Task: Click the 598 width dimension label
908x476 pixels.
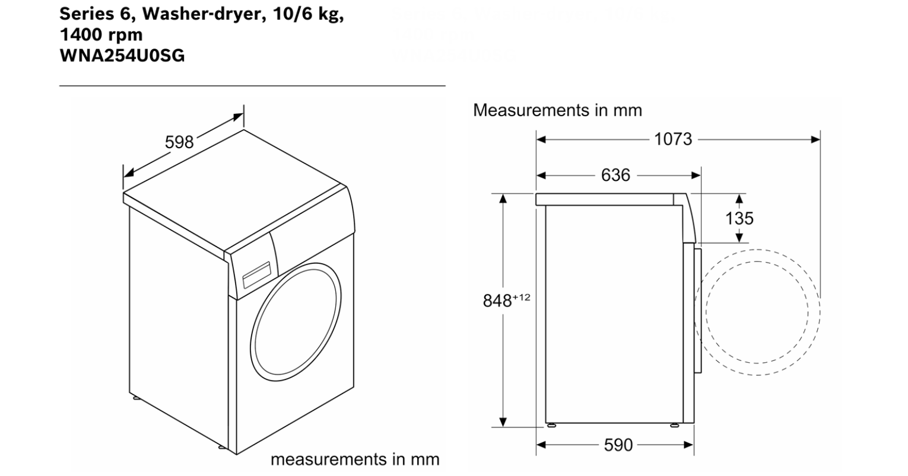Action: (179, 142)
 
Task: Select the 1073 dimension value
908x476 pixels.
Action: (673, 139)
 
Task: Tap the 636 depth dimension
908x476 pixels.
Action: (615, 175)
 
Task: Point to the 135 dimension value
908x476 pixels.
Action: (739, 218)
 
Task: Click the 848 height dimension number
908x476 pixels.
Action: (497, 301)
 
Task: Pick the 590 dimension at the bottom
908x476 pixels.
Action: (618, 445)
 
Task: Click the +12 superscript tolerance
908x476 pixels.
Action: (521, 296)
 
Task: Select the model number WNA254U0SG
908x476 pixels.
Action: (122, 56)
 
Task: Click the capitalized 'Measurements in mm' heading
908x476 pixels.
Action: (557, 110)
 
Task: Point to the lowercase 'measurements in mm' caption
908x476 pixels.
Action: (355, 459)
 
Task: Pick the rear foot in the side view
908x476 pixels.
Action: (552, 425)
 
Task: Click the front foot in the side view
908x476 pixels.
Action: (675, 425)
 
